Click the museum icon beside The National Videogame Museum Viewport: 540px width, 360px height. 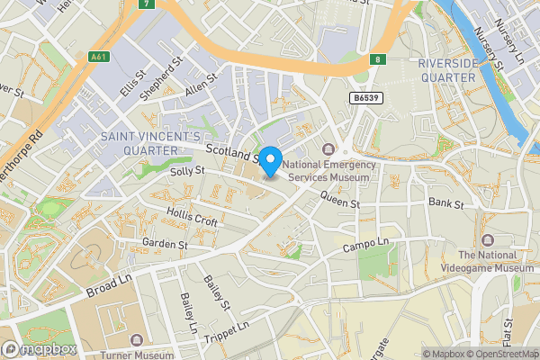pos(487,240)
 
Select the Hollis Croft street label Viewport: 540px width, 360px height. pos(192,216)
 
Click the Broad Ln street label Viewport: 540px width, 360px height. pos(109,287)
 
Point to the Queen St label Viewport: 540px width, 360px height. pos(339,203)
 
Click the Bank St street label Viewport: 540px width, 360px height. pos(445,204)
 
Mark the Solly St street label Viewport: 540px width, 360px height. pos(188,170)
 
